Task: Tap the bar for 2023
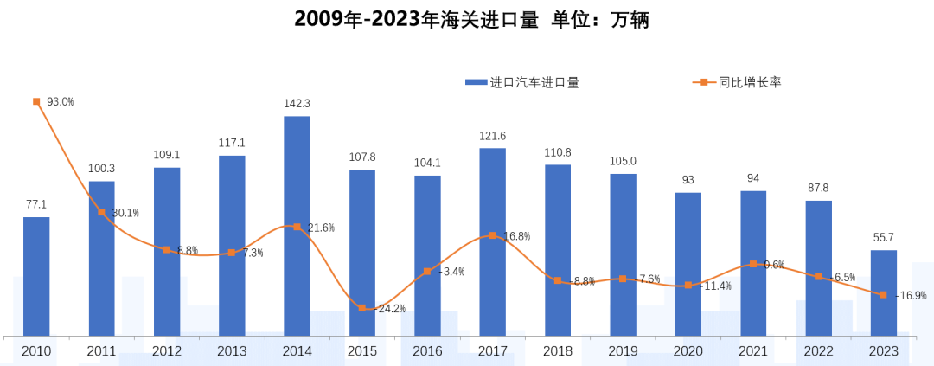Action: pos(883,292)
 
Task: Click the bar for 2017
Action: pos(492,241)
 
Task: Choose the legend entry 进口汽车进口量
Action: pos(522,82)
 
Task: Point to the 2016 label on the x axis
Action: pos(427,351)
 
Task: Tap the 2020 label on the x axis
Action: pos(688,351)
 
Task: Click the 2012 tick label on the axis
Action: pos(166,351)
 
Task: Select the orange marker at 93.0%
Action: pos(36,101)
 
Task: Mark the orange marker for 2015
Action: pos(362,308)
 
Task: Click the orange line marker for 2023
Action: pos(883,295)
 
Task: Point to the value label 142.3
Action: pos(297,104)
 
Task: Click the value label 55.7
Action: pos(883,237)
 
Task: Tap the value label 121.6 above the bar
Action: pos(492,136)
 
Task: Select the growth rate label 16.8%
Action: pos(515,236)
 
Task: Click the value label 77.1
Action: pos(36,204)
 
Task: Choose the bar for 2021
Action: pos(753,263)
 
